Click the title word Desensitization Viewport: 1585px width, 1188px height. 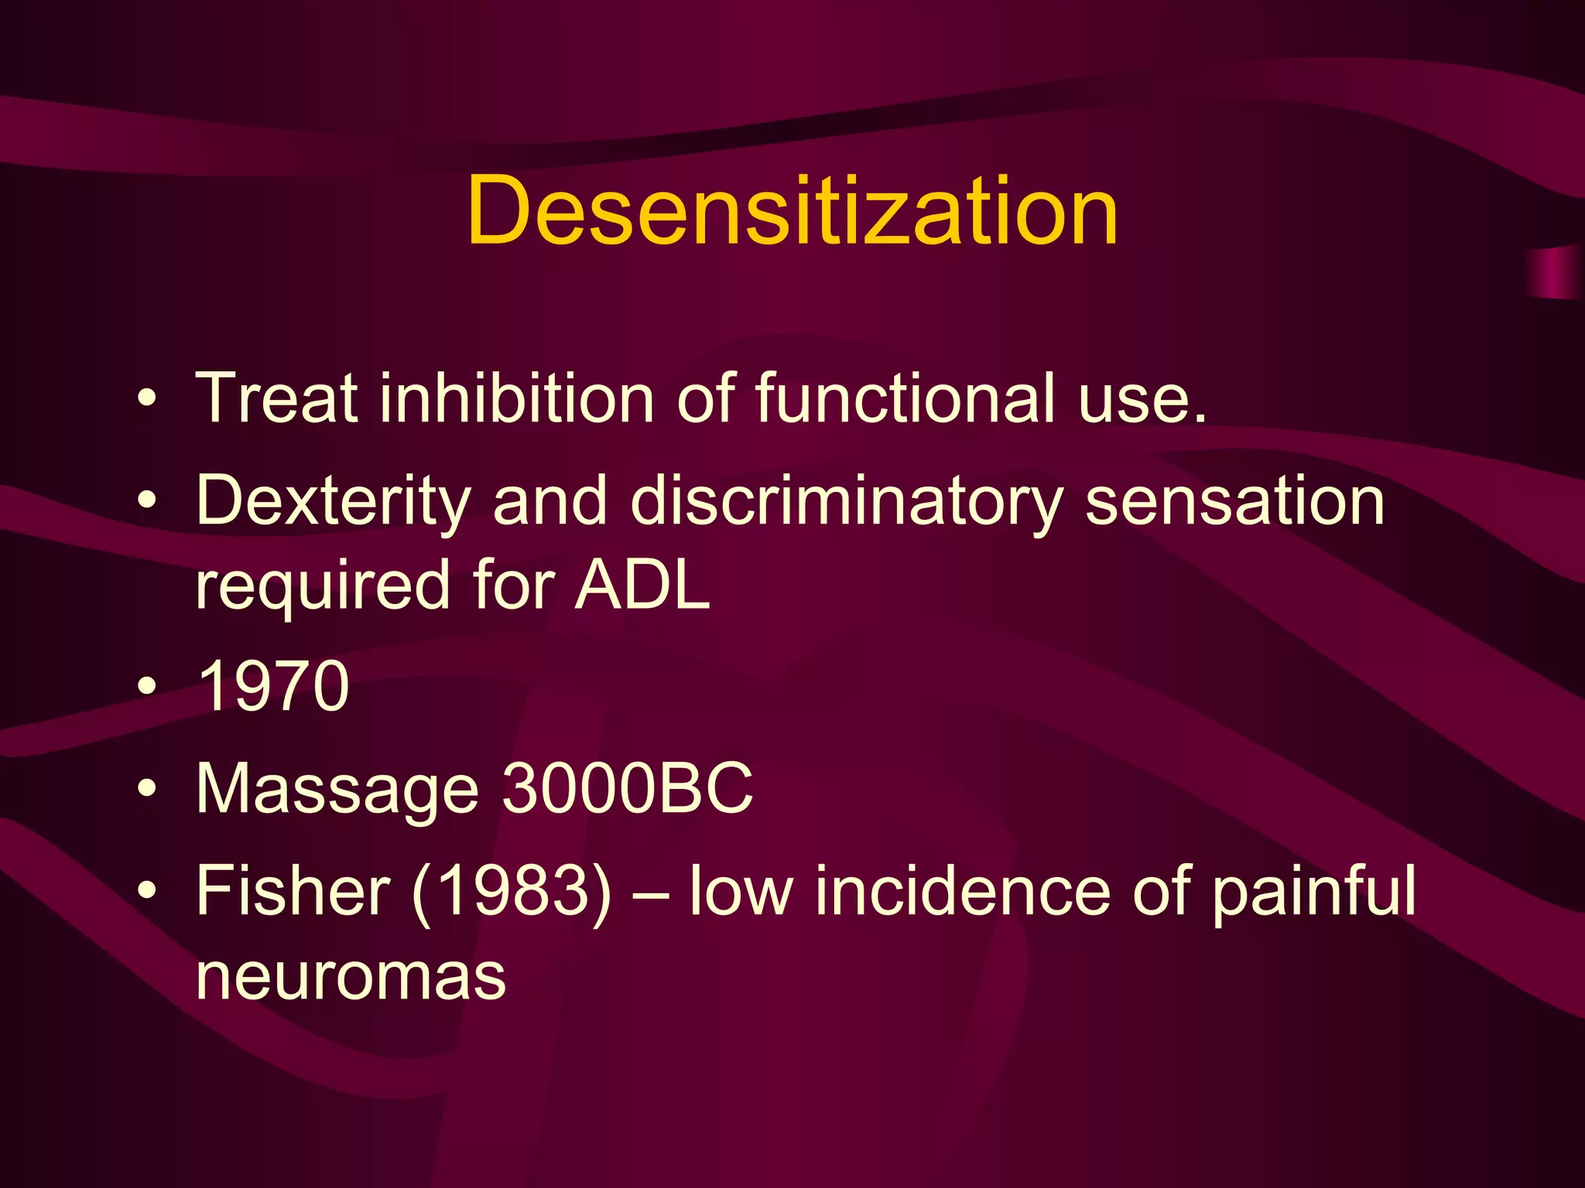click(x=792, y=210)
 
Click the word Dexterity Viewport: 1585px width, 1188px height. click(x=333, y=501)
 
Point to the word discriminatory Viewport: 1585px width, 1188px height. click(x=847, y=501)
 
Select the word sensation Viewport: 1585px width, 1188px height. click(x=1234, y=501)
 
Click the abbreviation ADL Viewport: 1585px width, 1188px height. click(x=642, y=585)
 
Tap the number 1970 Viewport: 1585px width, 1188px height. click(x=273, y=685)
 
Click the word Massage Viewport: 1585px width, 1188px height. click(x=337, y=789)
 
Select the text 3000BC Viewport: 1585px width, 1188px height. click(x=628, y=789)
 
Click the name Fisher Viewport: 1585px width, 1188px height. click(x=293, y=891)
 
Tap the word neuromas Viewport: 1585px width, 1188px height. click(x=351, y=976)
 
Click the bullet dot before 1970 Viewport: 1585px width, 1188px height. click(x=146, y=686)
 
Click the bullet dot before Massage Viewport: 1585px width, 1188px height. click(x=146, y=790)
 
